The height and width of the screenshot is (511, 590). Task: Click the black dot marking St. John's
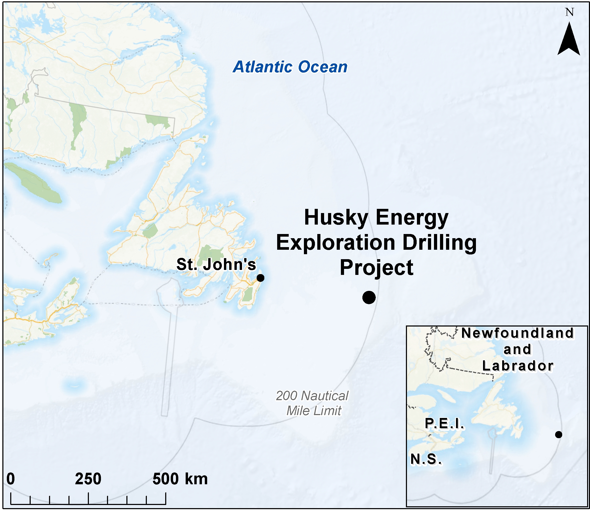pyautogui.click(x=260, y=278)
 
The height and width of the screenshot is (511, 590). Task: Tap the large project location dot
pyautogui.click(x=369, y=297)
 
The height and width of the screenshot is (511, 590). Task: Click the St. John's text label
pyautogui.click(x=216, y=264)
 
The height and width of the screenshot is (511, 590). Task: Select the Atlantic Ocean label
pyautogui.click(x=290, y=67)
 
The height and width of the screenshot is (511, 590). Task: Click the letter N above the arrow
pyautogui.click(x=570, y=12)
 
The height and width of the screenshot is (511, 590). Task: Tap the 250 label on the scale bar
pyautogui.click(x=88, y=479)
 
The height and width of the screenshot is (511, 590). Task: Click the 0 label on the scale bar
pyautogui.click(x=10, y=479)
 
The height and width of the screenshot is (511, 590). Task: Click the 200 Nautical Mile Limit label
pyautogui.click(x=312, y=403)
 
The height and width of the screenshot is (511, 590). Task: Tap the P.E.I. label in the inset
pyautogui.click(x=444, y=423)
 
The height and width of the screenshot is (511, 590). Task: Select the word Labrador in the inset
pyautogui.click(x=518, y=366)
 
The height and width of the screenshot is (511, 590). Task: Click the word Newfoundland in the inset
pyautogui.click(x=517, y=333)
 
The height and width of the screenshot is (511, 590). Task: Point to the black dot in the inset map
pyautogui.click(x=558, y=434)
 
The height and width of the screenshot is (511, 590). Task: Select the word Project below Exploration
pyautogui.click(x=376, y=268)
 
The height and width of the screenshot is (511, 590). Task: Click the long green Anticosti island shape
pyautogui.click(x=33, y=182)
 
